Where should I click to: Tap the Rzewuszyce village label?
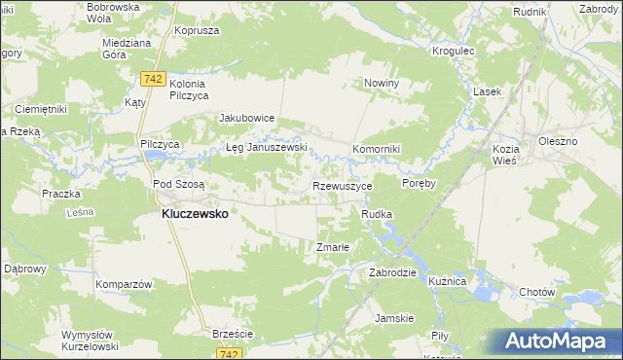coord(342,185)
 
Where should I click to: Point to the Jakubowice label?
coord(247,118)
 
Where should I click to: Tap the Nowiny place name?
coord(382,84)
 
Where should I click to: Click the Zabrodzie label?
coord(392,273)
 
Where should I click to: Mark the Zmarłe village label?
coord(333,247)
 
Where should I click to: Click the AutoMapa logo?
coord(558,341)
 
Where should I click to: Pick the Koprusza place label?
coord(193,30)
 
